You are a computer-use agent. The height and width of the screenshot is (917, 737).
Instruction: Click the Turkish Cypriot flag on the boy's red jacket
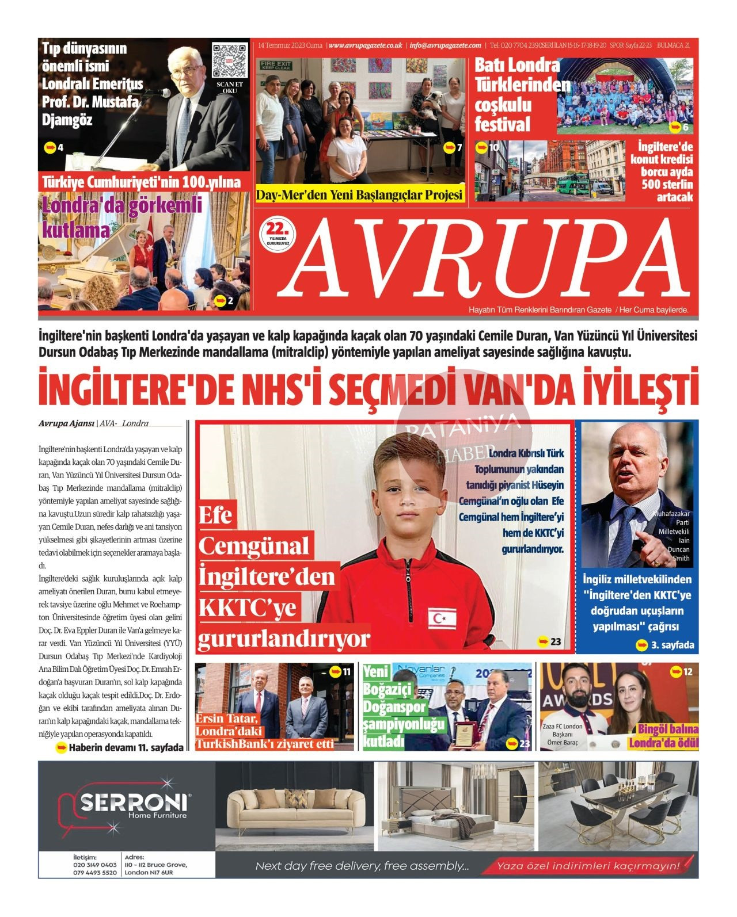click(442, 618)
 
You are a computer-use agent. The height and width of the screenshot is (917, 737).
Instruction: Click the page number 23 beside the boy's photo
click(555, 641)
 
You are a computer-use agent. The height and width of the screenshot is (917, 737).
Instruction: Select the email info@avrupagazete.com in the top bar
click(446, 45)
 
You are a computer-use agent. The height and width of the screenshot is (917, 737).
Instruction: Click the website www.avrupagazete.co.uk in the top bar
click(366, 45)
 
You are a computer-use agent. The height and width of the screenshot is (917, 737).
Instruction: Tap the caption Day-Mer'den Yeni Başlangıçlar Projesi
click(359, 195)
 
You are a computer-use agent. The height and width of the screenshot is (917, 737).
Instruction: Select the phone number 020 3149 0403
click(95, 865)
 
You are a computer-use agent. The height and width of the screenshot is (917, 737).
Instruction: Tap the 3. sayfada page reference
click(672, 645)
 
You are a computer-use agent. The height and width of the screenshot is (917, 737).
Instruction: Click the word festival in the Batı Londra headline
click(502, 124)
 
